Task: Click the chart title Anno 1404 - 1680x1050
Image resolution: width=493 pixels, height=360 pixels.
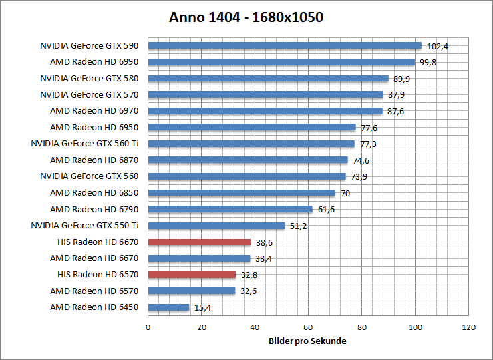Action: coord(246,17)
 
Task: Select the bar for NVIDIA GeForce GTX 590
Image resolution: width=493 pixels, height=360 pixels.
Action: coord(285,46)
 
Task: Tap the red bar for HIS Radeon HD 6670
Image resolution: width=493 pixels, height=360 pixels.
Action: coord(200,242)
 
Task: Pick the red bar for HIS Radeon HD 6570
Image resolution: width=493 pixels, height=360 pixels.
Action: coord(192,275)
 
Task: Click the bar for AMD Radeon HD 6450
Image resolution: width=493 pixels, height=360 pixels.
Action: coord(168,307)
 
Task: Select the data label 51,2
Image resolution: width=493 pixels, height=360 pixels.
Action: coord(297,226)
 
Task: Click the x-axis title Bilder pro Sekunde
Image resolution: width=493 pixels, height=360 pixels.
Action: coord(308,341)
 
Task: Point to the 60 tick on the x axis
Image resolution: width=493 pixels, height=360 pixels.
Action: coord(308,327)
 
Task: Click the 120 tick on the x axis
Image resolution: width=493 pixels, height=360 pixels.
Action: coord(468,327)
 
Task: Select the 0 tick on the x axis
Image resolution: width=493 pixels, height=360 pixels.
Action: coord(148,327)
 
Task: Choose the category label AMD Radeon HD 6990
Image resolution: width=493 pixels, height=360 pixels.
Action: coord(94,62)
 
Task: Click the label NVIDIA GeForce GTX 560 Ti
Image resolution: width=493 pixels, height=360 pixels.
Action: coord(84,144)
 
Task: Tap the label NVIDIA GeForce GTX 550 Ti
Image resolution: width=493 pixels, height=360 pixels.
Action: coord(84,226)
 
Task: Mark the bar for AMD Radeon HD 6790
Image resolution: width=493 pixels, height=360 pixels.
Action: coord(230,209)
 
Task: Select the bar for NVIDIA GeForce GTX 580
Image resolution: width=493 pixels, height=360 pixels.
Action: coord(268,79)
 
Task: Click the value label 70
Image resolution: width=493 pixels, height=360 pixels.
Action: coord(345,193)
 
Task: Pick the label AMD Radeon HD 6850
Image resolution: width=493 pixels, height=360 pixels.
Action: coord(94,193)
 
